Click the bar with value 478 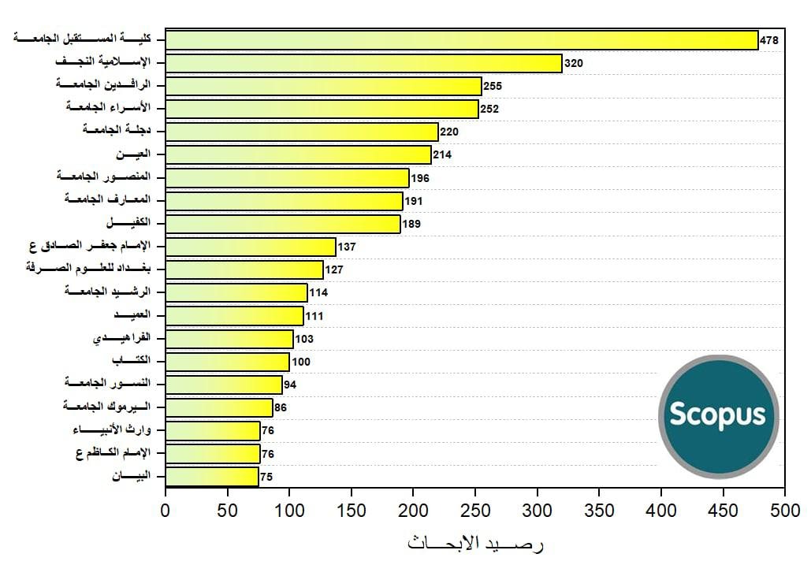[461, 40]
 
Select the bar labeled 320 [363, 63]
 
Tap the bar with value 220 [302, 132]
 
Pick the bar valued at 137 [251, 247]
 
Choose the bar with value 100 [228, 362]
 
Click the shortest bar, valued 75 [212, 477]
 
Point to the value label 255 [493, 86]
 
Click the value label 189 [411, 224]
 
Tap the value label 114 [318, 293]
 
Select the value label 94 [290, 385]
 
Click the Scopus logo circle [718, 416]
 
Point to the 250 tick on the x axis [475, 510]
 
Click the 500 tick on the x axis [784, 510]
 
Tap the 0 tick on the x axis [166, 510]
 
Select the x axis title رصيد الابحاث [475, 543]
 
